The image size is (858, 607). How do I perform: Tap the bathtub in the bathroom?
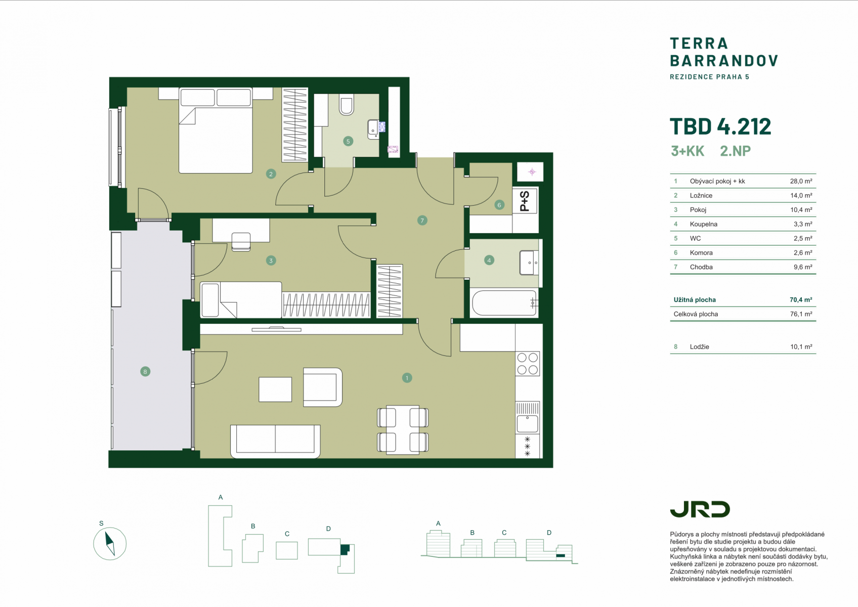pyautogui.click(x=504, y=302)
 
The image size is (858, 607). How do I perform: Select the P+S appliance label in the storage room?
pyautogui.click(x=525, y=201)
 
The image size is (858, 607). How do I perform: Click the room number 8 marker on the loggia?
pyautogui.click(x=145, y=372)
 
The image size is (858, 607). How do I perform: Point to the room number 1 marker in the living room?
pyautogui.click(x=407, y=378)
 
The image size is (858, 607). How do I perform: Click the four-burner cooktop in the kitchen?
pyautogui.click(x=528, y=364)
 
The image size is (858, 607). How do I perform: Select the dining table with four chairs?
pyautogui.click(x=403, y=429)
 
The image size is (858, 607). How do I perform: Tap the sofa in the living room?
pyautogui.click(x=275, y=441)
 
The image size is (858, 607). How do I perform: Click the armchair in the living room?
pyautogui.click(x=323, y=387)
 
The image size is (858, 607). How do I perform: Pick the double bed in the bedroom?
pyautogui.click(x=216, y=131)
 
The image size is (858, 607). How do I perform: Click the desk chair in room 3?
pyautogui.click(x=241, y=242)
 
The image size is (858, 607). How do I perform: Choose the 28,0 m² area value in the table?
pyautogui.click(x=801, y=181)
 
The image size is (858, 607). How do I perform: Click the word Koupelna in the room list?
pyautogui.click(x=703, y=224)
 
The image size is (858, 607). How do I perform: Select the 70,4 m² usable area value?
pyautogui.click(x=801, y=300)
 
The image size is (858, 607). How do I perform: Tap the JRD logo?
pyautogui.click(x=700, y=509)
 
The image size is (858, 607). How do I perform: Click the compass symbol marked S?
pyautogui.click(x=110, y=543)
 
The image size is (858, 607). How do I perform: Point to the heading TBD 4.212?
pyautogui.click(x=720, y=126)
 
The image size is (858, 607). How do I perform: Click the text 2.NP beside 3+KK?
pyautogui.click(x=735, y=151)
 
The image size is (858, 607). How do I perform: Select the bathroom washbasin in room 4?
pyautogui.click(x=529, y=263)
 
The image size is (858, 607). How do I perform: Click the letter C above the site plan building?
pyautogui.click(x=287, y=534)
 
